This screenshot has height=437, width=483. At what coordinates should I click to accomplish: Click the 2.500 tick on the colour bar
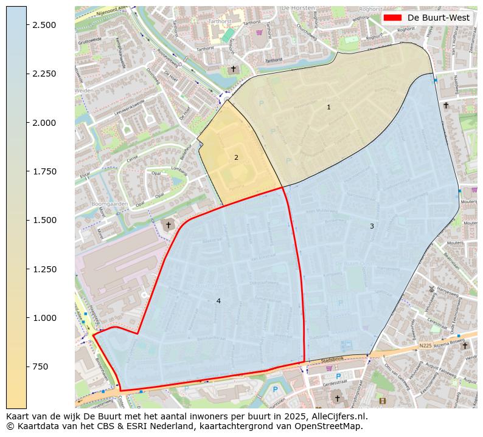[27, 24]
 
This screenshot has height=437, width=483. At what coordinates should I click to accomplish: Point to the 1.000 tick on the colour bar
[27, 317]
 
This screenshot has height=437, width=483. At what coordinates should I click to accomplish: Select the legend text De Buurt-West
[438, 18]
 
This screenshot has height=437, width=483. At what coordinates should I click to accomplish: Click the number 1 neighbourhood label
[328, 107]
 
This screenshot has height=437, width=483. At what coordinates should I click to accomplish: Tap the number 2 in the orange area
[236, 157]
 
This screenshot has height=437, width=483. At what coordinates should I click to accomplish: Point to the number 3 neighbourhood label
[372, 226]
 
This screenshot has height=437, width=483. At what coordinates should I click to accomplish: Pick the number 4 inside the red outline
[218, 301]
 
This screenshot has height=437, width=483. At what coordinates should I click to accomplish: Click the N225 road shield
[425, 346]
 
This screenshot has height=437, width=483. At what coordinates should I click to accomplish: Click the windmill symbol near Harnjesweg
[431, 289]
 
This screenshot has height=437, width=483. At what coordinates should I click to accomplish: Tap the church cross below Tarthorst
[232, 69]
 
